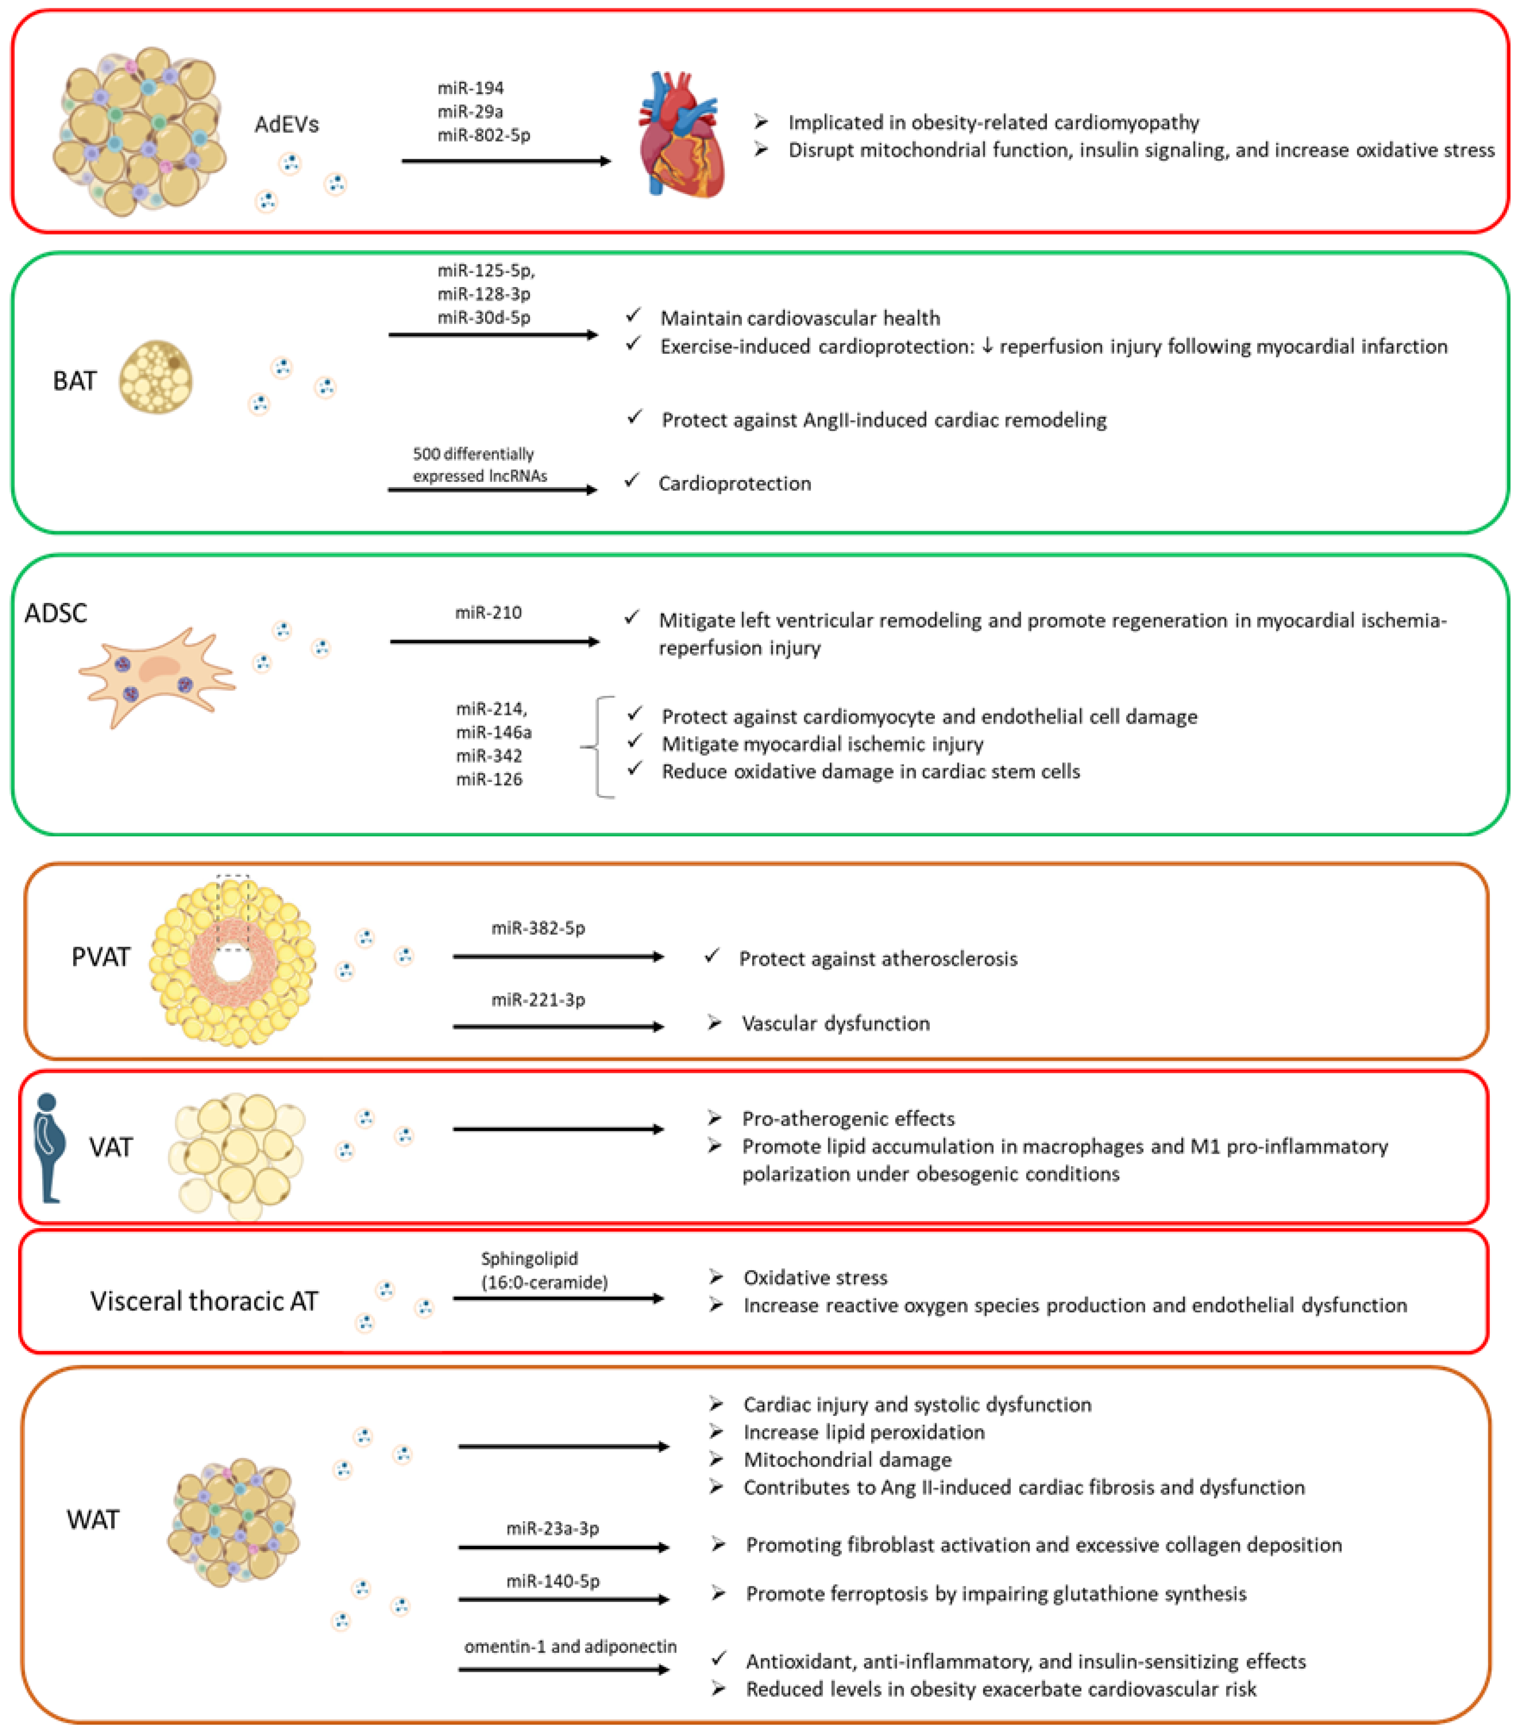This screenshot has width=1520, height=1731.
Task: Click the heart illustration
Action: pyautogui.click(x=682, y=135)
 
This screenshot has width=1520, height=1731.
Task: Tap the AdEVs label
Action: pyautogui.click(x=286, y=125)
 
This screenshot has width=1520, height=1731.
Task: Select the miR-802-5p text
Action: pyautogui.click(x=484, y=134)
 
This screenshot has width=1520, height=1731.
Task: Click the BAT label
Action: pyautogui.click(x=74, y=381)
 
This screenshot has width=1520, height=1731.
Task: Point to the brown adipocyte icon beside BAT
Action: pyautogui.click(x=156, y=377)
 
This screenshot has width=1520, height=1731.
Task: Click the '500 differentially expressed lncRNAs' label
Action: pyautogui.click(x=479, y=465)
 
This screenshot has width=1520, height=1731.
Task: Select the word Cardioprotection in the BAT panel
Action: pyautogui.click(x=734, y=483)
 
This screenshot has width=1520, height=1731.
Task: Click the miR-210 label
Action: pyautogui.click(x=488, y=612)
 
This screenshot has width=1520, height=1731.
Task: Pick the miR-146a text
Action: pyautogui.click(x=493, y=732)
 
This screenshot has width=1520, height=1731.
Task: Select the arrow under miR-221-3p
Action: pyautogui.click(x=558, y=1026)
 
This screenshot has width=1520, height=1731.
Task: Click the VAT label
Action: pyautogui.click(x=111, y=1148)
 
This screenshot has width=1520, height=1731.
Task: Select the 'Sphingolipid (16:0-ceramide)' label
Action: pyautogui.click(x=544, y=1270)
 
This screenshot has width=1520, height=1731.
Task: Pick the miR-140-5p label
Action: pyautogui.click(x=553, y=1581)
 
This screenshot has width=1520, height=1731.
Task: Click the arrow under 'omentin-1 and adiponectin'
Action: pyautogui.click(x=563, y=1669)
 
